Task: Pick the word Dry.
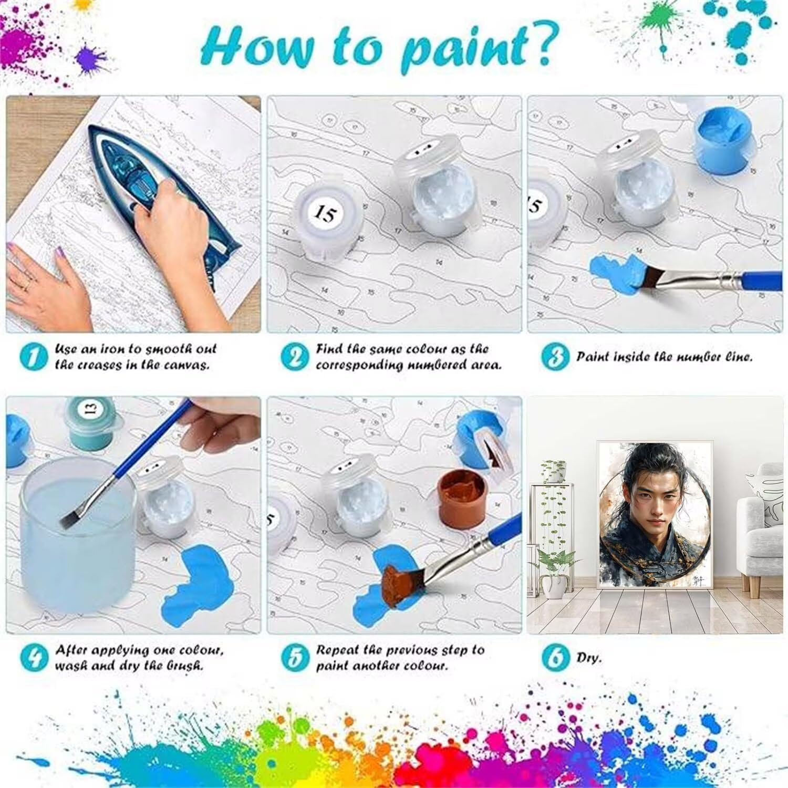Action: pyautogui.click(x=588, y=657)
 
